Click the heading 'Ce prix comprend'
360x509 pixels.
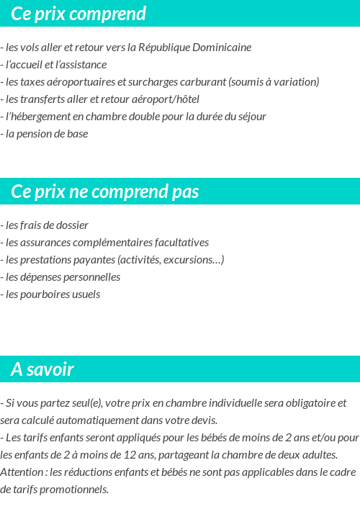[78, 14]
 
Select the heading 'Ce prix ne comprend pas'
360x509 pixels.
[105, 192]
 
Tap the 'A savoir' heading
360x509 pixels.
[42, 369]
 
